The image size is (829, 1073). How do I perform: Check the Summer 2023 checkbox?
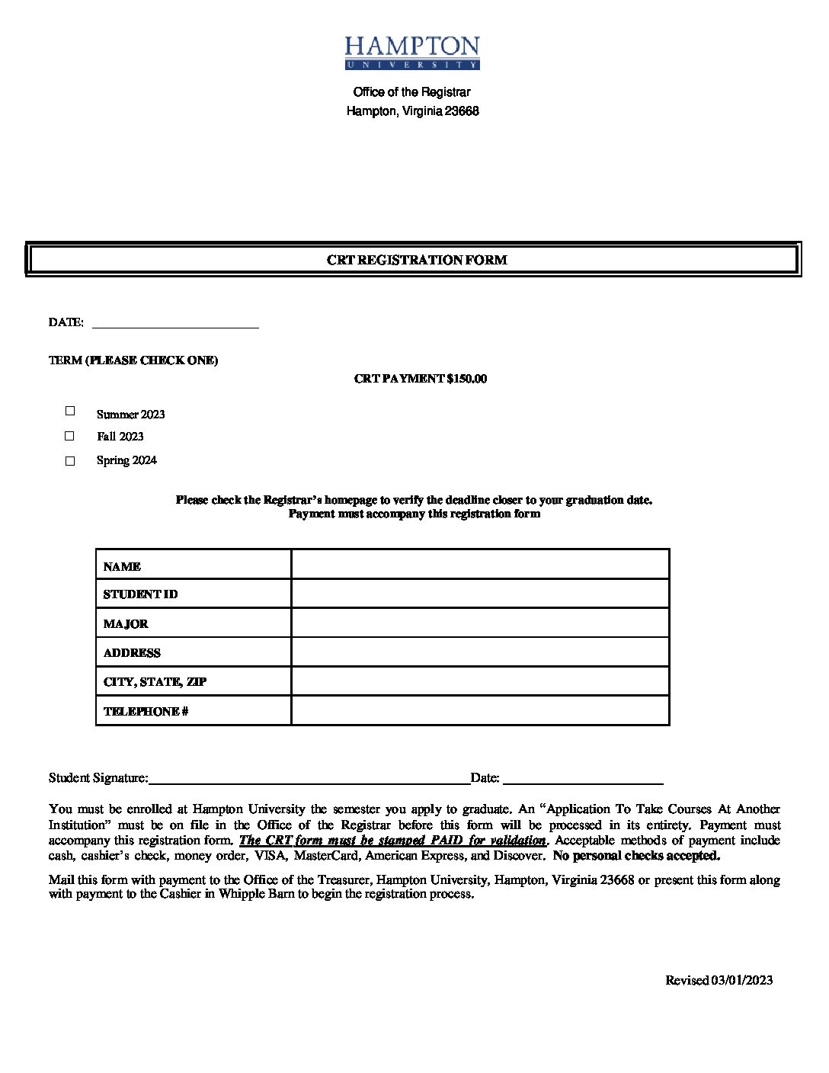[x=70, y=411]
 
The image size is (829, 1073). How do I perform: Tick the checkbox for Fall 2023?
[x=70, y=436]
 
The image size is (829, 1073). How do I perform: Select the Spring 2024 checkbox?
[x=70, y=460]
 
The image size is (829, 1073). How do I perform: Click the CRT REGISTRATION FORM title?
[x=417, y=260]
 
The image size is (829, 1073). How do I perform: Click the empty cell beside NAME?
[x=480, y=565]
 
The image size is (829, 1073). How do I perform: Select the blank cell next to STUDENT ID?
[x=480, y=594]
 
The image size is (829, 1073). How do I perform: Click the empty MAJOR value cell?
[x=480, y=623]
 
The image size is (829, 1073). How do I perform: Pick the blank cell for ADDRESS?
[x=480, y=652]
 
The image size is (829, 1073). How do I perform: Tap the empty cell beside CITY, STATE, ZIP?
[x=480, y=681]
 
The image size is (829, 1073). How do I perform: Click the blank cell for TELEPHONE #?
[x=480, y=710]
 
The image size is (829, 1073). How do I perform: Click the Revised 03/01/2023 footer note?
[x=719, y=980]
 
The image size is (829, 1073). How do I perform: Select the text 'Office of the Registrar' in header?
[x=411, y=92]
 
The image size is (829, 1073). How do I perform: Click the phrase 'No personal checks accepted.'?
[x=636, y=856]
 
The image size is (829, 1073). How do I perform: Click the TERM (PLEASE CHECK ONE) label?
[x=133, y=360]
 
